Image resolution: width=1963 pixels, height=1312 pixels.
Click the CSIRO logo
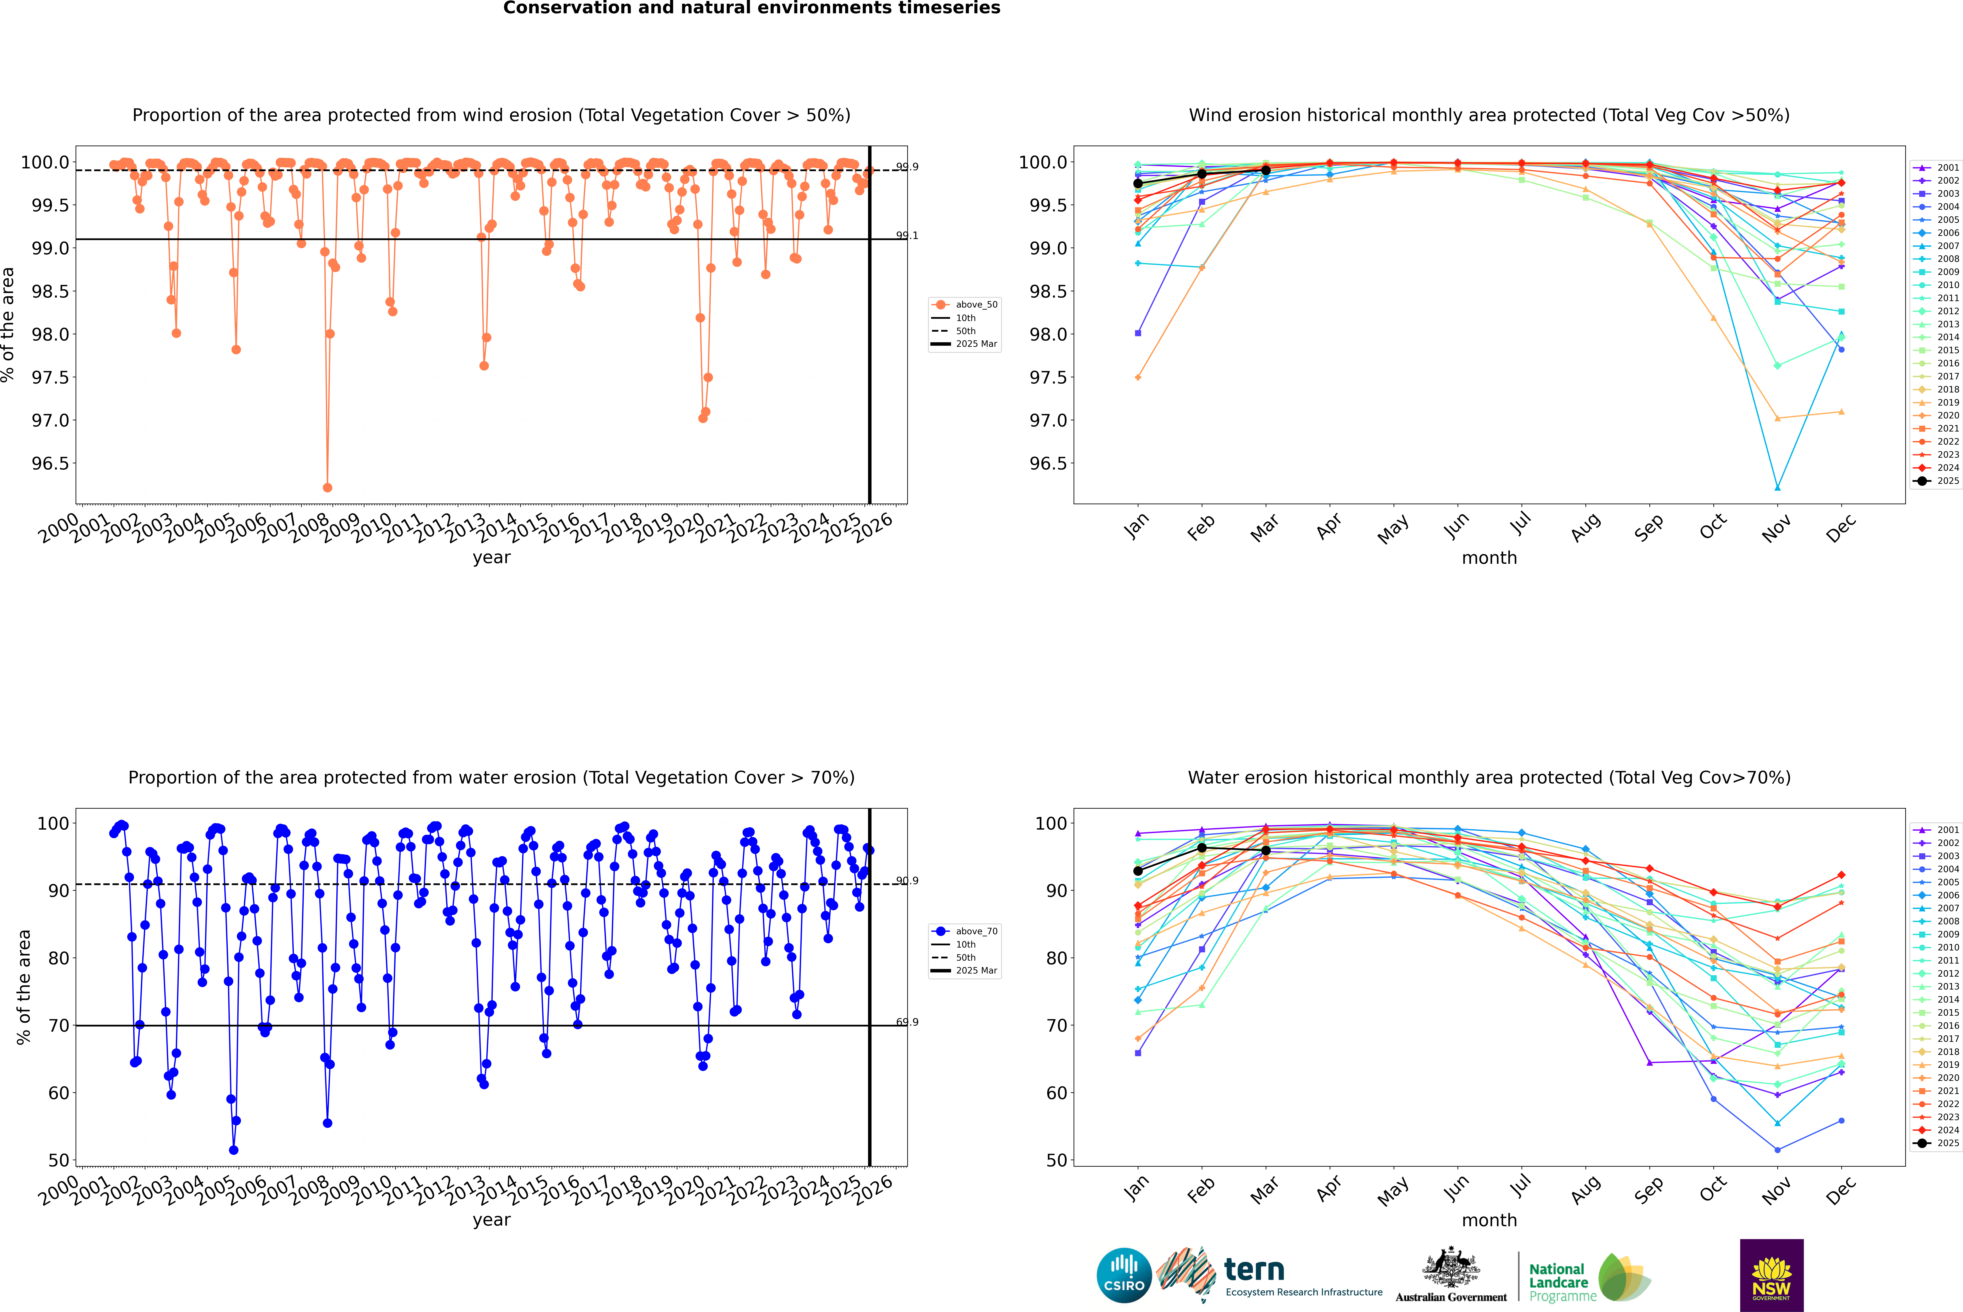pos(1124,1275)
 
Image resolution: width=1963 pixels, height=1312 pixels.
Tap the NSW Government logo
pos(1771,1275)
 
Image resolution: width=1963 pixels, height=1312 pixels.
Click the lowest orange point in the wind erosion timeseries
pos(327,487)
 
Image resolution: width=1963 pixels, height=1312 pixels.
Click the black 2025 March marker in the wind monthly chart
pos(1265,170)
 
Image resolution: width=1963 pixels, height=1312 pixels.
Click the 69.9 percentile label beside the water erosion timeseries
pos(907,1022)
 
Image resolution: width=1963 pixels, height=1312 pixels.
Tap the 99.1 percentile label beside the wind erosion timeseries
pos(907,235)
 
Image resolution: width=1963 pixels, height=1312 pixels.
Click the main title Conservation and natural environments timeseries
pos(751,8)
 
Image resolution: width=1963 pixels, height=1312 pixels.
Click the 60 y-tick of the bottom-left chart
pos(59,1093)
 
